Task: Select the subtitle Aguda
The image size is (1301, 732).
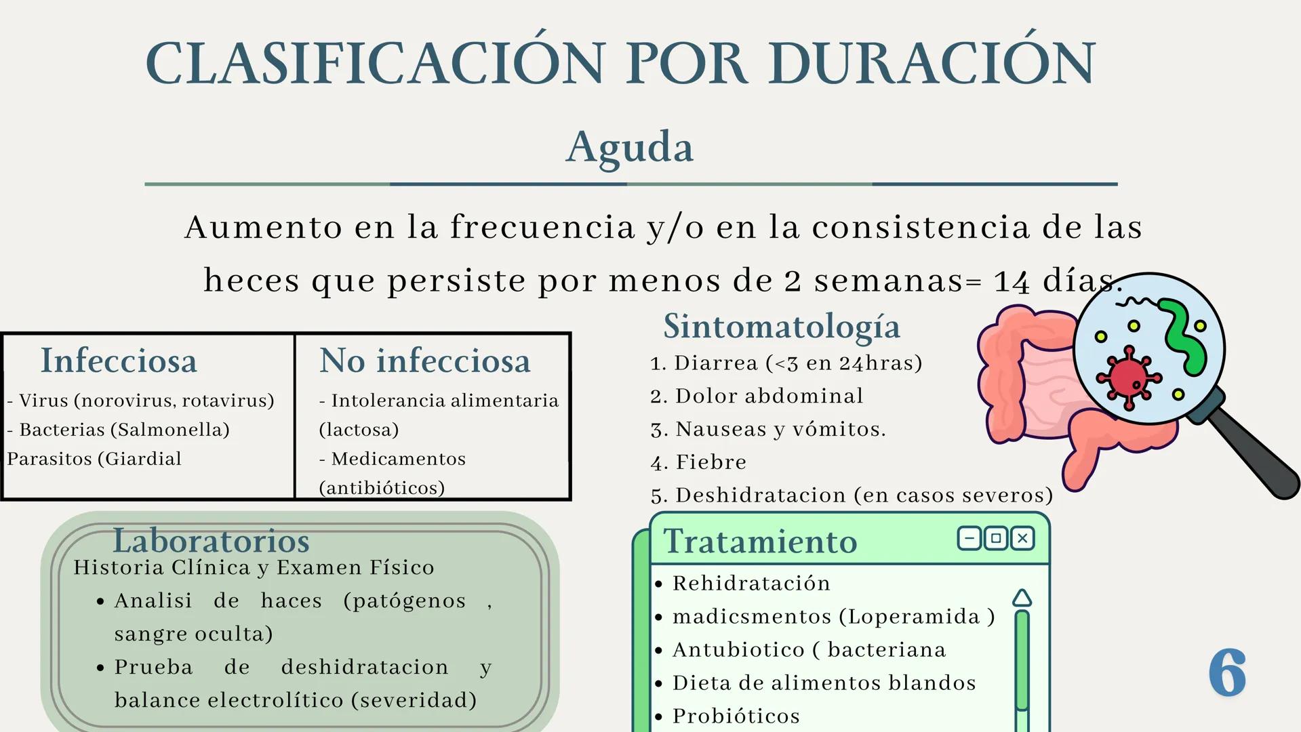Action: [630, 147]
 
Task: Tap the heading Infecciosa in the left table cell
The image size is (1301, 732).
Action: [119, 361]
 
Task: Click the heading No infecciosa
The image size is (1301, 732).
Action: [424, 361]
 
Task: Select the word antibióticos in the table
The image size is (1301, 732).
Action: [382, 488]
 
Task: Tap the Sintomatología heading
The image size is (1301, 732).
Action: [782, 327]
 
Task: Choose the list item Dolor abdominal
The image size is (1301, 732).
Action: [769, 396]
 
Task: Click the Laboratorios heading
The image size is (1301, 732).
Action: [211, 541]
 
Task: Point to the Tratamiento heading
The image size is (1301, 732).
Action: [760, 542]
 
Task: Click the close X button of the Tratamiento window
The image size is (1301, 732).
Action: [1022, 539]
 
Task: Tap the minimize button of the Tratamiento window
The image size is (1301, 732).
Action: [969, 539]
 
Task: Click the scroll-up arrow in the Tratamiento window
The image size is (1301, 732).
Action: [1022, 598]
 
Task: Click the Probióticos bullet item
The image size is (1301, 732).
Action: [736, 716]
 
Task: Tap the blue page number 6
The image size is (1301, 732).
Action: [1228, 672]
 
